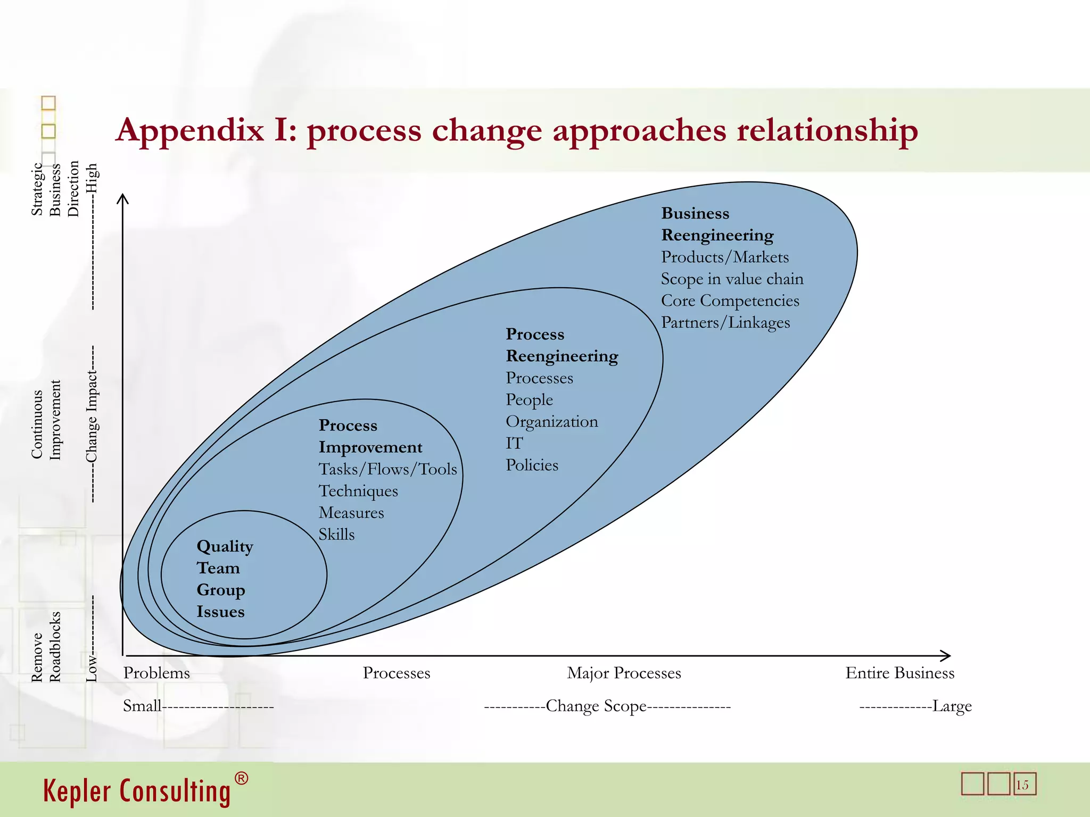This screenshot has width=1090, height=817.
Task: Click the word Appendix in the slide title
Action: [x=190, y=131]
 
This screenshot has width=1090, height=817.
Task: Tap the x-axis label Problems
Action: [x=156, y=673]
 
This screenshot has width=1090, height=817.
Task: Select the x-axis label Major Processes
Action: [x=624, y=673]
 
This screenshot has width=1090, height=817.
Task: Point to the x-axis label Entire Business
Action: [x=899, y=673]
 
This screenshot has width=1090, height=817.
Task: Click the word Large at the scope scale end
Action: [x=952, y=706]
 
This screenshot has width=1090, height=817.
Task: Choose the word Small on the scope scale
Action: [x=142, y=706]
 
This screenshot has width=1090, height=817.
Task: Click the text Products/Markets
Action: [x=725, y=257]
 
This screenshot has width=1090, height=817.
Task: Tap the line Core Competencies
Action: [x=730, y=301]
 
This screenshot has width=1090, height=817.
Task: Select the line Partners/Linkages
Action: [x=725, y=323]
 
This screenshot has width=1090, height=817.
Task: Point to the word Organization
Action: [x=552, y=422]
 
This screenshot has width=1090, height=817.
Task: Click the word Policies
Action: [x=532, y=465]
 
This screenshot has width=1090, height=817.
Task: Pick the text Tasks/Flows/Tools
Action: [x=387, y=469]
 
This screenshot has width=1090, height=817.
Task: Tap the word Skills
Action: [x=336, y=535]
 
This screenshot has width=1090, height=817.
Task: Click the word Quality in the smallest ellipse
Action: [x=225, y=547]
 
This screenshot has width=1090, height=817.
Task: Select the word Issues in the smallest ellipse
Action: [x=220, y=612]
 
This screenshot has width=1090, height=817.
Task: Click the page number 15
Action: [x=1022, y=785]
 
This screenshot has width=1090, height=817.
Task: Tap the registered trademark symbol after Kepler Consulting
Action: [x=241, y=779]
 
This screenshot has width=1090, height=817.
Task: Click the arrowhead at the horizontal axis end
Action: [x=946, y=655]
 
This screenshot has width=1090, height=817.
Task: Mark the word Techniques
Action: [x=358, y=491]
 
